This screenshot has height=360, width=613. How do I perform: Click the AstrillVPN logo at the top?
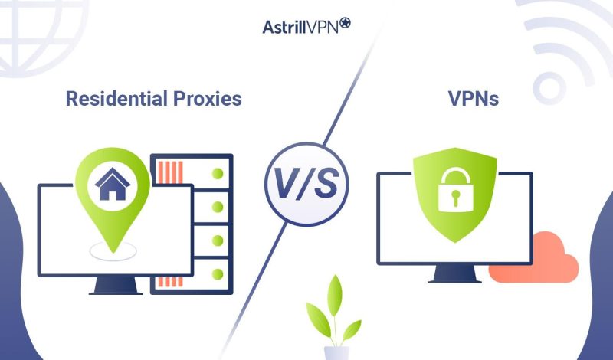pos(306,25)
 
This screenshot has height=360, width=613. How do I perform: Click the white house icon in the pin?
pos(112,184)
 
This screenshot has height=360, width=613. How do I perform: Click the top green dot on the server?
pos(218,172)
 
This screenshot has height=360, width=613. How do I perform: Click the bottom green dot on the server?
pos(218,273)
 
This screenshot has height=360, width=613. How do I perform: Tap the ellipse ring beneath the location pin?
pos(112,248)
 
